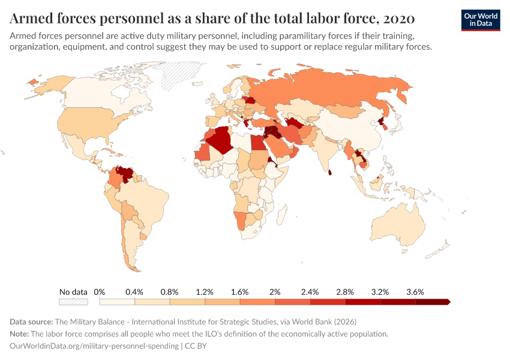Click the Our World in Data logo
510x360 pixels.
[481, 20]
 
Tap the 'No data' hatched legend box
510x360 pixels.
[73, 302]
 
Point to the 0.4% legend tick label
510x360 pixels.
[134, 292]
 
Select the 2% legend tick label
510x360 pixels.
[275, 292]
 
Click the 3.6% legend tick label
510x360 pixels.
[415, 292]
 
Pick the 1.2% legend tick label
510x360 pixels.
[205, 292]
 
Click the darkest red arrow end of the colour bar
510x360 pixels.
[447, 302]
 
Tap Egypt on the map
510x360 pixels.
[259, 143]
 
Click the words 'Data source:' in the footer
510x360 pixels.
[32, 322]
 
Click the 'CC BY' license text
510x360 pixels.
[196, 346]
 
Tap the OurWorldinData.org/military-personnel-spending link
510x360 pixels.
[95, 346]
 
